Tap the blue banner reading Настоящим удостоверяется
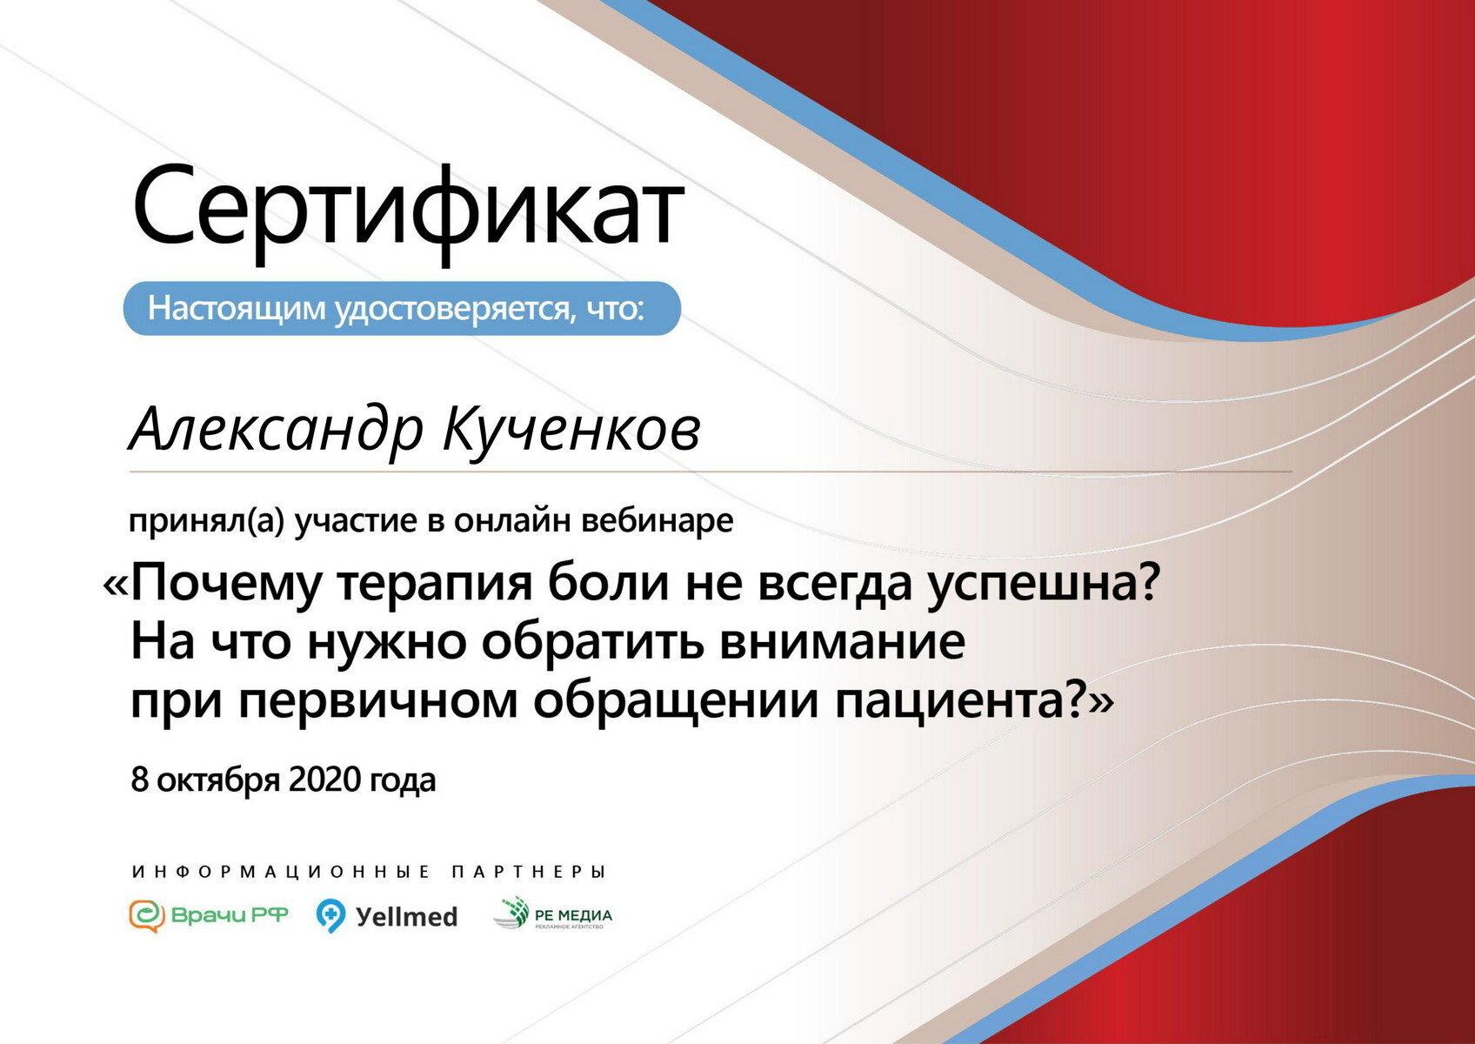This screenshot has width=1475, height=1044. pyautogui.click(x=402, y=308)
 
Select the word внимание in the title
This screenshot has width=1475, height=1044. pyautogui.click(x=842, y=643)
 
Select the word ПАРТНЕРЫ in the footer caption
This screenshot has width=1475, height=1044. pyautogui.click(x=528, y=872)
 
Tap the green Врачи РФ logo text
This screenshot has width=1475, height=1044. pyautogui.click(x=229, y=915)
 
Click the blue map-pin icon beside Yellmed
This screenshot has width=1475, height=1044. pyautogui.click(x=330, y=915)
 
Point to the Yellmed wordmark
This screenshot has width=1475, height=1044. pyautogui.click(x=406, y=916)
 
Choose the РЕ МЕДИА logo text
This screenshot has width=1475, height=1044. pyautogui.click(x=573, y=915)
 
